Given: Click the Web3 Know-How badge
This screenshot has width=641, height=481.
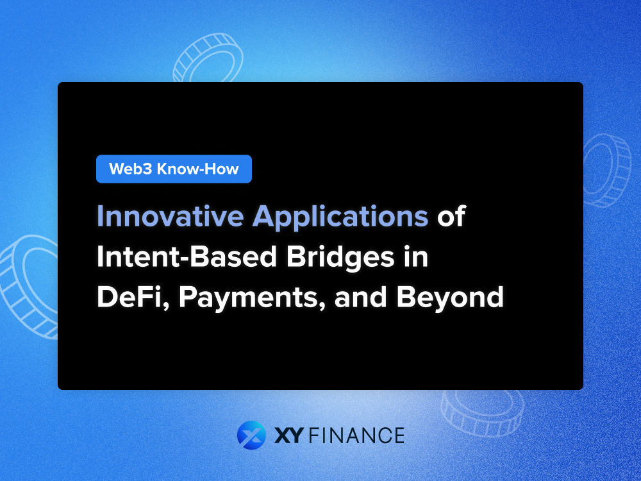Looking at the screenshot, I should [174, 169].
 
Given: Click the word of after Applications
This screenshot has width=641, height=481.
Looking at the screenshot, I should [451, 217].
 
